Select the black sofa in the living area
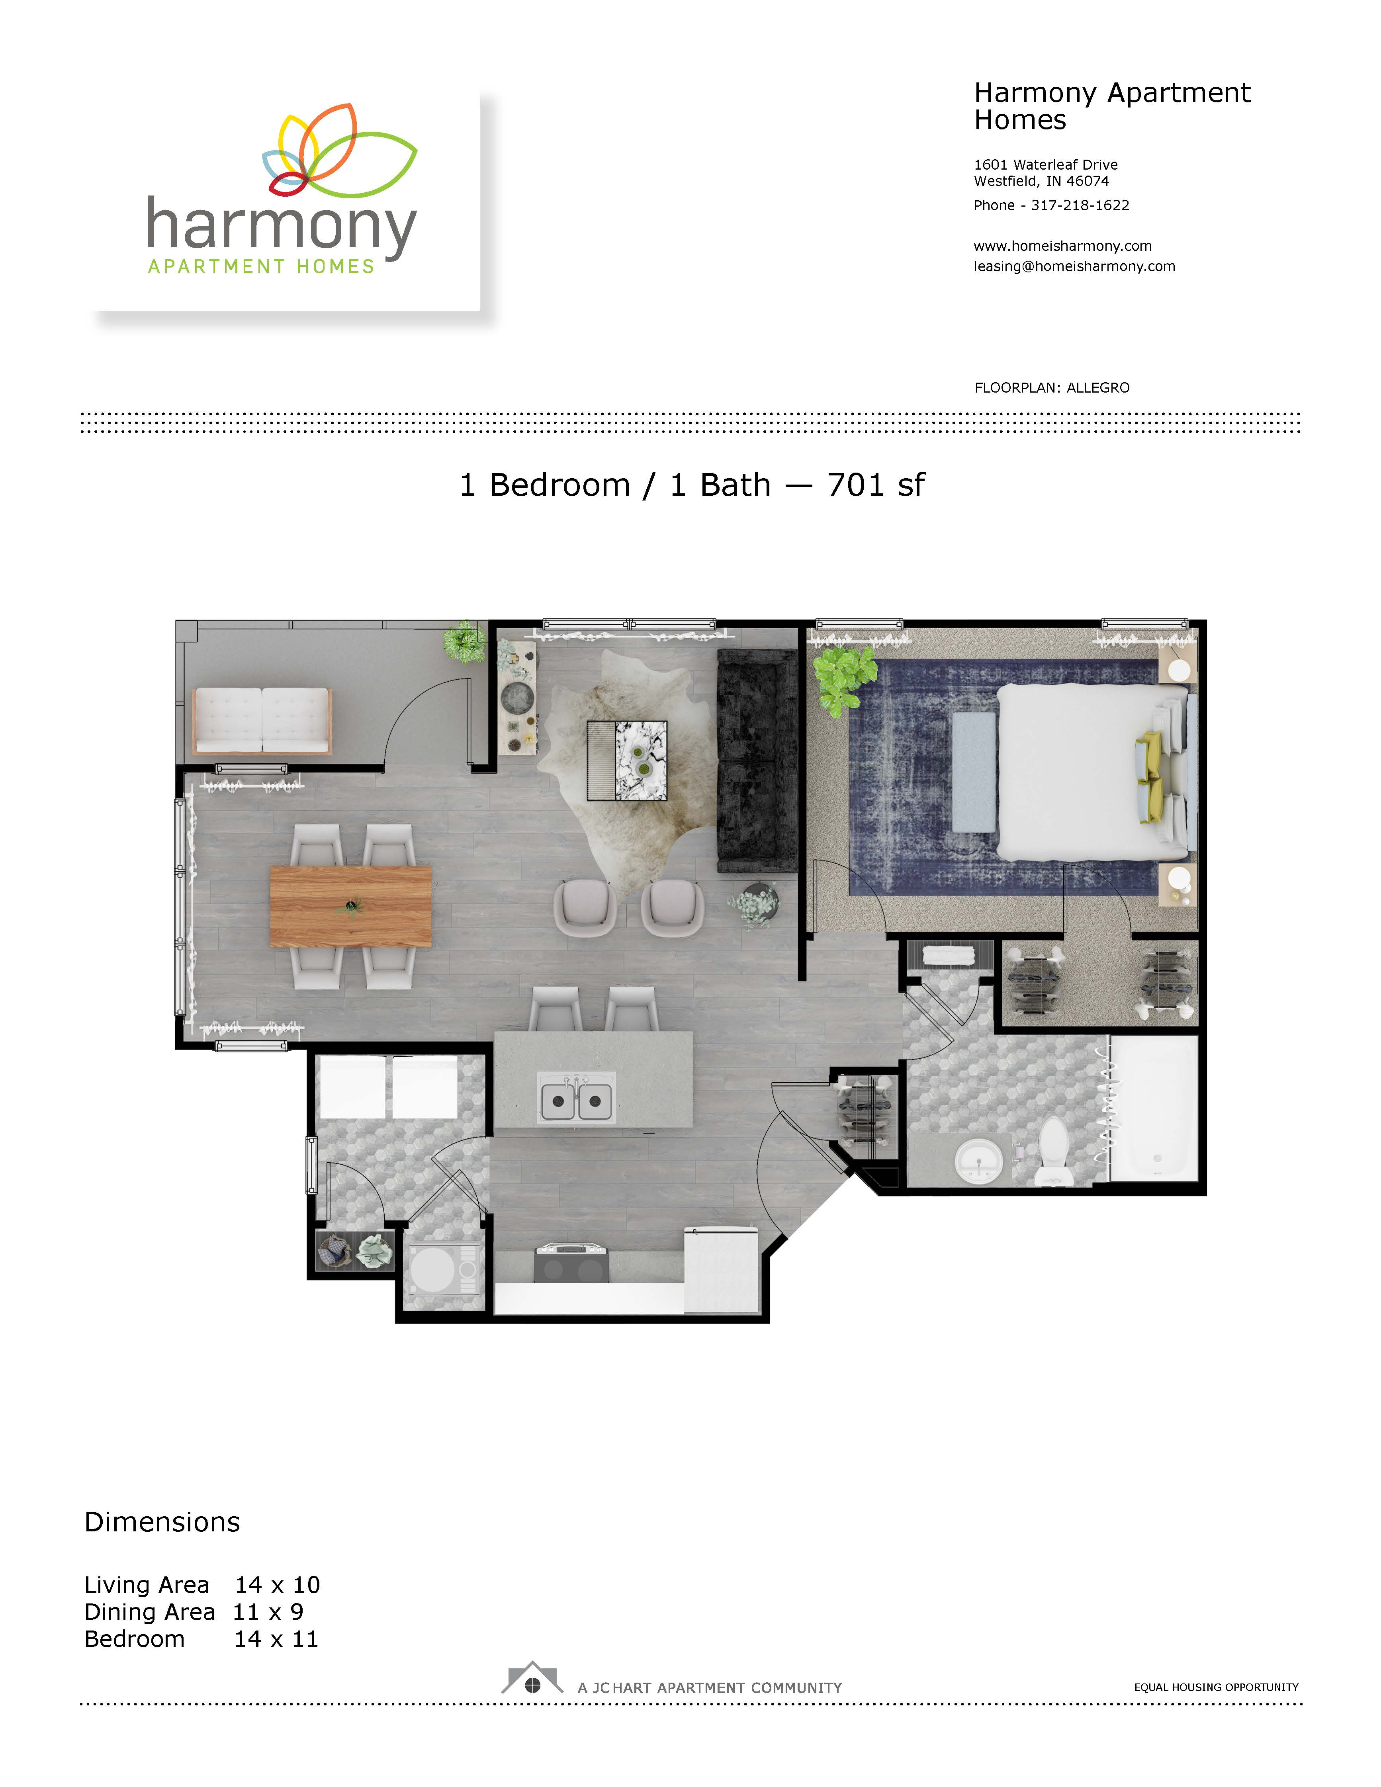click(x=757, y=761)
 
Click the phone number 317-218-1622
click(x=1080, y=205)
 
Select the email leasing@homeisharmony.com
click(x=1074, y=266)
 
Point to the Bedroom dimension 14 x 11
click(x=276, y=1639)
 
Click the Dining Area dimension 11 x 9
click(x=268, y=1612)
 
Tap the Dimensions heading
click(x=162, y=1522)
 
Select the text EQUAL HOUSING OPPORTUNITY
click(x=1216, y=1687)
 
